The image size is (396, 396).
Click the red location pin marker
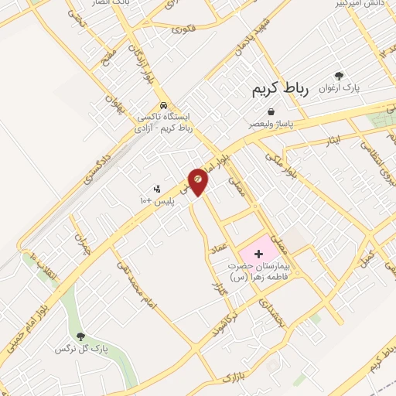coord(198,181)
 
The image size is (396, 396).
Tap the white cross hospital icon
coord(258,254)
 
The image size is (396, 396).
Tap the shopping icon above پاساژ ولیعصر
coord(271,112)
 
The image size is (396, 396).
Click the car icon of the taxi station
coord(162,106)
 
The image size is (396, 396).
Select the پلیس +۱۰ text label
coord(157,200)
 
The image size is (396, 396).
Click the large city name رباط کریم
coord(279,90)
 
